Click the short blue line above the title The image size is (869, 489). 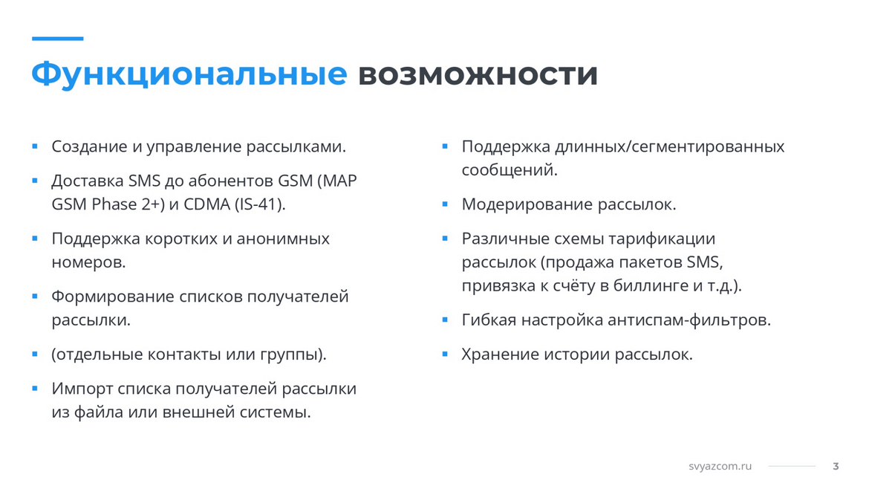pyautogui.click(x=58, y=38)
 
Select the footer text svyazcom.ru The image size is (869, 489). pyautogui.click(x=720, y=466)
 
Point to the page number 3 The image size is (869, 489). pyautogui.click(x=836, y=466)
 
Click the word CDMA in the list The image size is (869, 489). pyautogui.click(x=207, y=204)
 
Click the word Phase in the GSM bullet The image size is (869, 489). pyautogui.click(x=114, y=204)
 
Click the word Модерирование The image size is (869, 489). pyautogui.click(x=527, y=205)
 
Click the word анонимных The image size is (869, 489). pyautogui.click(x=283, y=239)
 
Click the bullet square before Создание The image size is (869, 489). pyautogui.click(x=35, y=146)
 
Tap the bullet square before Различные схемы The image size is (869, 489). pyautogui.click(x=444, y=239)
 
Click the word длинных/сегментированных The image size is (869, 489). pyautogui.click(x=669, y=147)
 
